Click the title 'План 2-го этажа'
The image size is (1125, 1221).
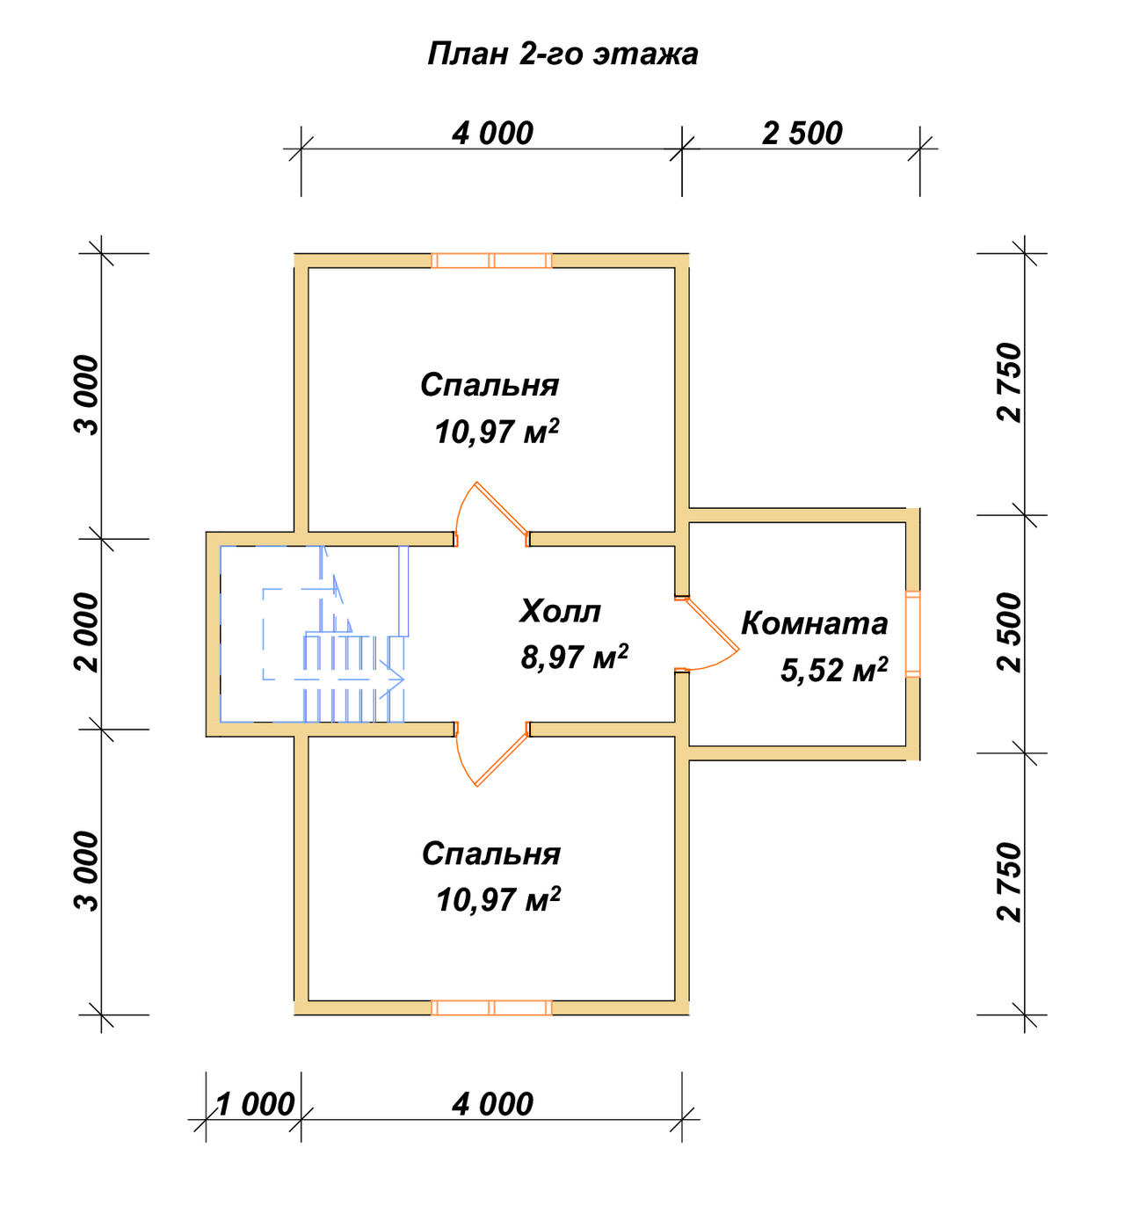(562, 55)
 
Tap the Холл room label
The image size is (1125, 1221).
(560, 611)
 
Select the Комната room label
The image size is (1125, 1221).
(815, 623)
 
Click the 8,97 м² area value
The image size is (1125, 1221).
(574, 657)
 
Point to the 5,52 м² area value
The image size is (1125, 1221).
(834, 670)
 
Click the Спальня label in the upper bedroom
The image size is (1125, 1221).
(490, 385)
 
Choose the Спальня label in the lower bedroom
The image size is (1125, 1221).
(490, 854)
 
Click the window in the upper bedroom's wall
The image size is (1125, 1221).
(492, 260)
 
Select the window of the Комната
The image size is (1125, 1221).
(912, 634)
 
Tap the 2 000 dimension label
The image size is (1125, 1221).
(87, 633)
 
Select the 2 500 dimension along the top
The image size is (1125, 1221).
(802, 134)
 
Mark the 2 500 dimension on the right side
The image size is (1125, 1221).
(1010, 632)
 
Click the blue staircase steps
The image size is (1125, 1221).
(354, 678)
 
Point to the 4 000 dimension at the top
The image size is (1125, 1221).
(492, 134)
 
